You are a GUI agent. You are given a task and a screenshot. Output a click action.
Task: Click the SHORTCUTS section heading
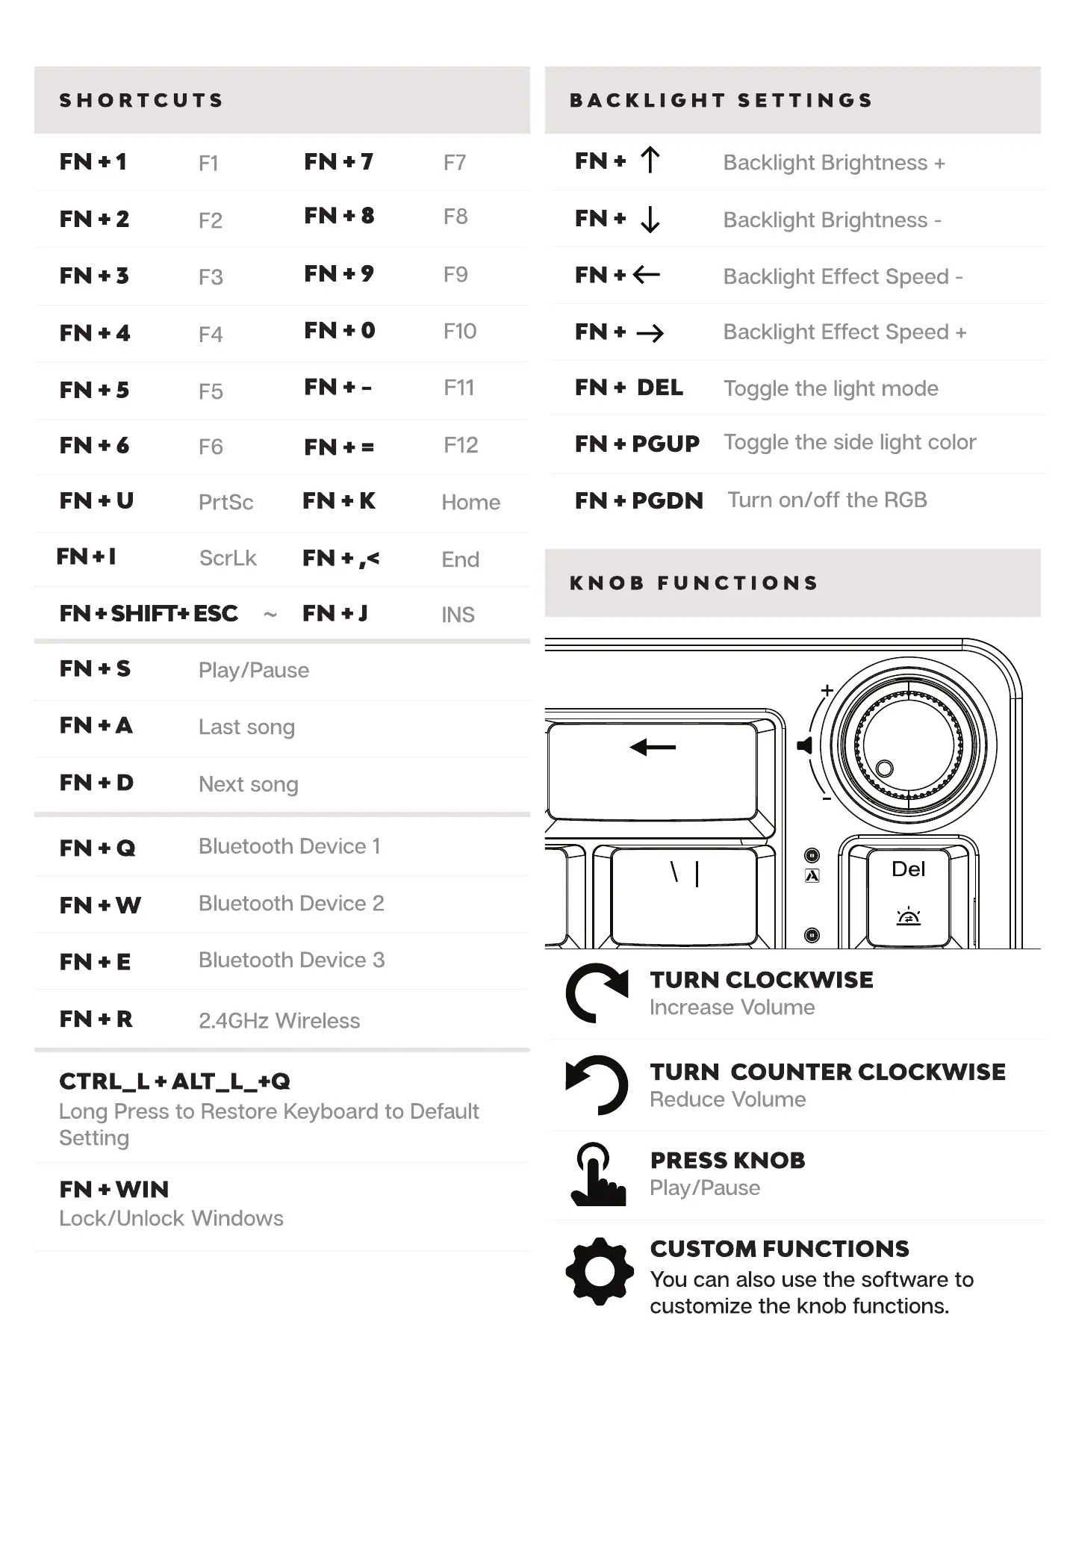(x=141, y=101)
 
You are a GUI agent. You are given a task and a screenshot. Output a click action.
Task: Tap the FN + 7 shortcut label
(x=338, y=162)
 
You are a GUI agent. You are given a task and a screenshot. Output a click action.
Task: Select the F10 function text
(x=459, y=331)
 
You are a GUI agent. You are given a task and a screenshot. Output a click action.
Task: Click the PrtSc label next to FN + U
(x=225, y=502)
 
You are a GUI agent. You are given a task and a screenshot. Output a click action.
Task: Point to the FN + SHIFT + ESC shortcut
(x=149, y=614)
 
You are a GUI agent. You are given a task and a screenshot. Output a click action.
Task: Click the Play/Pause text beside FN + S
(x=253, y=670)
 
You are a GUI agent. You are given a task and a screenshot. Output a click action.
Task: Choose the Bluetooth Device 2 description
(x=291, y=904)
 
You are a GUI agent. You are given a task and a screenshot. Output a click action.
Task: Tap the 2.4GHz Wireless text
(x=279, y=1020)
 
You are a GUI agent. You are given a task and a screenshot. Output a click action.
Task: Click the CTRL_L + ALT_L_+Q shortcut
(x=175, y=1081)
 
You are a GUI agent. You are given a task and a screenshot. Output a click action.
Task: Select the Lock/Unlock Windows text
(x=171, y=1218)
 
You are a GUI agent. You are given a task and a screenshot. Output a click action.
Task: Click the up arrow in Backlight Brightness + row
(x=650, y=161)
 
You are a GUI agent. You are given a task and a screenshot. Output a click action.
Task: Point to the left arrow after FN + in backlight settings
(x=647, y=276)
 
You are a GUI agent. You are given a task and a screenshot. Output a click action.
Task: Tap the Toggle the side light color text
(x=850, y=442)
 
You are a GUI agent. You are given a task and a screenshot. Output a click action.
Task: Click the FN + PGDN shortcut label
(x=638, y=500)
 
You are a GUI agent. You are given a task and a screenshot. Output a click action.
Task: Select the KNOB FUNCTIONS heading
(x=694, y=583)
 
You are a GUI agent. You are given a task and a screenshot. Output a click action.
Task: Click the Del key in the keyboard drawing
(x=908, y=892)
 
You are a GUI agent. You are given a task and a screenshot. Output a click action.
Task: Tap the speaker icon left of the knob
(x=804, y=745)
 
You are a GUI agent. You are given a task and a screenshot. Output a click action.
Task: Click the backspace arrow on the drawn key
(x=653, y=747)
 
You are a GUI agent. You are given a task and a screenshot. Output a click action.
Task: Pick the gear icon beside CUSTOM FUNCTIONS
(x=599, y=1271)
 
